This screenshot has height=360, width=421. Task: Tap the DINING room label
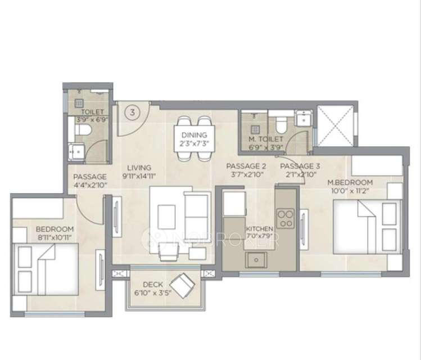[193, 135]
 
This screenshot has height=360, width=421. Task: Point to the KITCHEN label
[259, 229]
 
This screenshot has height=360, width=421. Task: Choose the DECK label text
[152, 285]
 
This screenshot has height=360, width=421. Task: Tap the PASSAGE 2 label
[246, 166]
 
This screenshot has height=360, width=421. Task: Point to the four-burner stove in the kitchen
[285, 219]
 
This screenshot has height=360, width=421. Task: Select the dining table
[193, 138]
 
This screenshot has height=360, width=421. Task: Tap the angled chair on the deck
[182, 286]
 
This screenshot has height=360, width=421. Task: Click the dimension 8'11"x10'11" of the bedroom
[55, 238]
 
